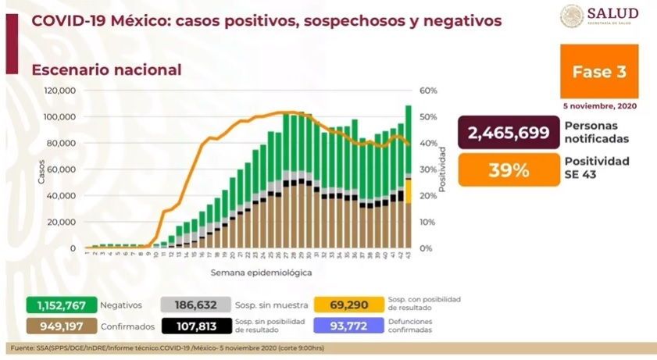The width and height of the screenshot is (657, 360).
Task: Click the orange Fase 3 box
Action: (599, 72)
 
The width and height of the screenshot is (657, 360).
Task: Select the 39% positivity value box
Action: (509, 169)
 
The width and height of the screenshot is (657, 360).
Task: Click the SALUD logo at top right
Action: (599, 16)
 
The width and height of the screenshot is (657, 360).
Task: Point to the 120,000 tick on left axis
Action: (59, 91)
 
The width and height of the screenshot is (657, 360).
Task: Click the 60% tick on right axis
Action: (427, 91)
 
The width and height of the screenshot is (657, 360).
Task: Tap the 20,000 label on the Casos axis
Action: (61, 222)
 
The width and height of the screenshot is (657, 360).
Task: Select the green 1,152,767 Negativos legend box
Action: (61, 305)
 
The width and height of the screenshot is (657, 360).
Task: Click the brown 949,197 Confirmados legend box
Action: (61, 325)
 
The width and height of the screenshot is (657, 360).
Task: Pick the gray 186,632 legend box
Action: (195, 305)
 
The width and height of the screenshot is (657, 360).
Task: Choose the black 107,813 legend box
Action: (195, 325)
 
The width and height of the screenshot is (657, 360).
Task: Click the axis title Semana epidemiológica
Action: (261, 273)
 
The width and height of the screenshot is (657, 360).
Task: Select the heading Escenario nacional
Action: (106, 70)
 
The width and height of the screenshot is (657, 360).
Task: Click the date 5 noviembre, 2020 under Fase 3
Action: (599, 105)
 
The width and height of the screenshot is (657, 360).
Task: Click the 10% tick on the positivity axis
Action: (427, 222)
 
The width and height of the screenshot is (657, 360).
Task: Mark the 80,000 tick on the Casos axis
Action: (61, 143)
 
